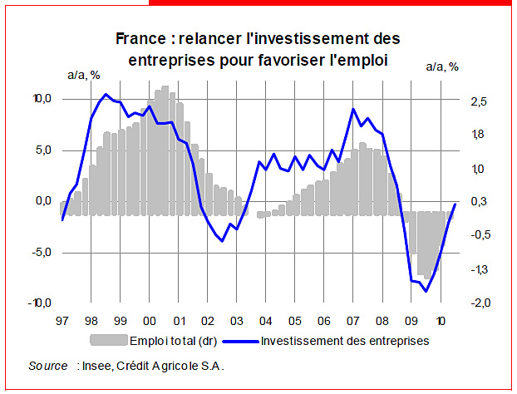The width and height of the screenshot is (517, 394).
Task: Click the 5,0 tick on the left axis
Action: pos(42,150)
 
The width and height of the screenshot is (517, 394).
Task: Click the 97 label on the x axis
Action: pos(62,320)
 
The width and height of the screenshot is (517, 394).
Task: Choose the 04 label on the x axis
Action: pos(266,320)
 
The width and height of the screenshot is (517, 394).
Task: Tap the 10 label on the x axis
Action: pos(441,320)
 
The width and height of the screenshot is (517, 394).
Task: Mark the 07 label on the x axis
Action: pos(353,320)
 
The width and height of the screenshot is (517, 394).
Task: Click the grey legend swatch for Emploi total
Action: pos(108,340)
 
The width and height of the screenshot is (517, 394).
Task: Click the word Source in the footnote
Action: pos(47,366)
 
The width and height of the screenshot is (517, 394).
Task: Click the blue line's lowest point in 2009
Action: pos(426,291)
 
